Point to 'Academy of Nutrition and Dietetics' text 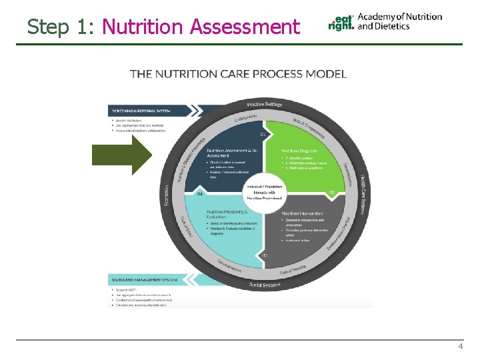point(399,21)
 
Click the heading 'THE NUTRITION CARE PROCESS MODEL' point(238,73)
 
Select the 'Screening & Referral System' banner point(150,110)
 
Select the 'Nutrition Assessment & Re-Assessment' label point(230,153)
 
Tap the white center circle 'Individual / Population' point(265,191)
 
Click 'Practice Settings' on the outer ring point(265,104)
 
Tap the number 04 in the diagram point(200,194)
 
